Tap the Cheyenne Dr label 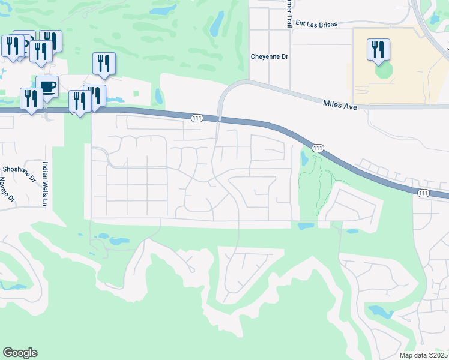[270, 56]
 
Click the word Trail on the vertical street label [288, 19]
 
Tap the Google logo [20, 353]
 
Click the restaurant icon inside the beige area [378, 49]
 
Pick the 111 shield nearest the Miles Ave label [318, 148]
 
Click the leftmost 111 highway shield [197, 118]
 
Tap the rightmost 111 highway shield [423, 193]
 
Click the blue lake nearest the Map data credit [380, 312]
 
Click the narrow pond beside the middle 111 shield [303, 157]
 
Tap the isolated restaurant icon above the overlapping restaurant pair [104, 63]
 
